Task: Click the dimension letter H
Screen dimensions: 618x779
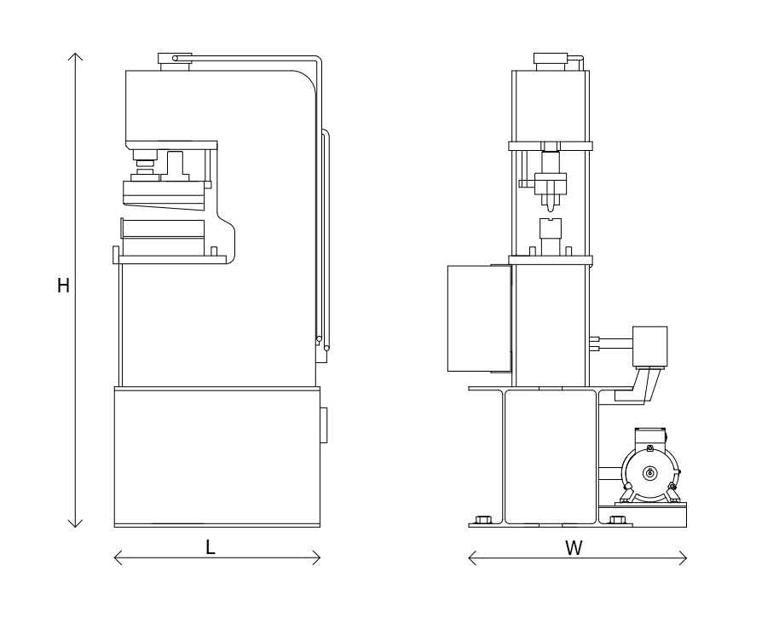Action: pyautogui.click(x=63, y=286)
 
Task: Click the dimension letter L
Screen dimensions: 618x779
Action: pyautogui.click(x=211, y=548)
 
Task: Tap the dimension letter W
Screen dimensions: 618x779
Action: pyautogui.click(x=574, y=548)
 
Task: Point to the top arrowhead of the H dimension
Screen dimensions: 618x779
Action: pyautogui.click(x=76, y=55)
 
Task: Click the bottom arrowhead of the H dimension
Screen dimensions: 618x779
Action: pyautogui.click(x=76, y=524)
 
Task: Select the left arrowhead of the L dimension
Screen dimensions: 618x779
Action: pyautogui.click(x=117, y=557)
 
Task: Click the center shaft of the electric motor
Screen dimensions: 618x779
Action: pyautogui.click(x=650, y=473)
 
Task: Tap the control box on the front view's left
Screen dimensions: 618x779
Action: pyautogui.click(x=478, y=318)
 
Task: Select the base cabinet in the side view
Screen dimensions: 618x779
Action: pyautogui.click(x=216, y=456)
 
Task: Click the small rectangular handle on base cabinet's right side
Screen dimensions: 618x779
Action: pyautogui.click(x=323, y=425)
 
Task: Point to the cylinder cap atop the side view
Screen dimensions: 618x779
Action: pyautogui.click(x=175, y=58)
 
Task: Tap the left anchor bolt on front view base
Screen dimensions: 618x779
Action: pyautogui.click(x=484, y=520)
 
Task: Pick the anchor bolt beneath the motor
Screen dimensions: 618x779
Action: pyautogui.click(x=618, y=520)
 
